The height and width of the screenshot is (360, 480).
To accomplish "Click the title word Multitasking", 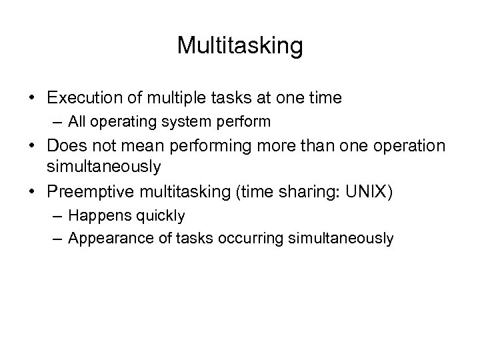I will click(240, 46).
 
